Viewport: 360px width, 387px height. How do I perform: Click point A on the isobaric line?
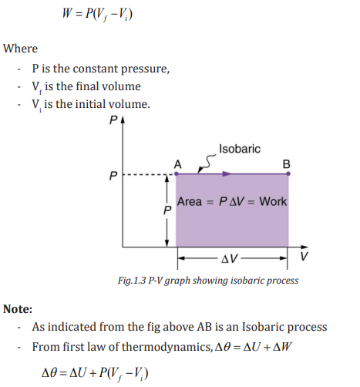[x=177, y=173]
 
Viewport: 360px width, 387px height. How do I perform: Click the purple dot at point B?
[x=288, y=173]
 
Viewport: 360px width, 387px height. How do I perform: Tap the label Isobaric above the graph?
[x=240, y=149]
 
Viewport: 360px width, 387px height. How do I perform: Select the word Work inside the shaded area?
[x=273, y=201]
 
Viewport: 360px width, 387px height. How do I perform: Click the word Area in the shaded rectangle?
[x=190, y=201]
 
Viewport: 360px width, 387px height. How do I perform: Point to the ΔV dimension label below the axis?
[x=230, y=258]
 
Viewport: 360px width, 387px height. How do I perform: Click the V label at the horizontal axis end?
[x=304, y=256]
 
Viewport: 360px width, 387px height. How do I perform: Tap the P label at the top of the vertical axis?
[x=113, y=120]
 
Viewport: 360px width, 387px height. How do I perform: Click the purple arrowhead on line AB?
[x=227, y=174]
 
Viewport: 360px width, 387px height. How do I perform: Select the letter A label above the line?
[x=178, y=164]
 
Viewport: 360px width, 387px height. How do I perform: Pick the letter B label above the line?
[x=287, y=164]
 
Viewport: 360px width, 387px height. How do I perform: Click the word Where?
[x=20, y=49]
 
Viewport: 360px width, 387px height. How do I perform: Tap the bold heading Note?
[x=18, y=308]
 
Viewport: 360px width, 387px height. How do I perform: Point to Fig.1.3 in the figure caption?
[x=132, y=281]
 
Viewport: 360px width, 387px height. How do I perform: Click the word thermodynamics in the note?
[x=167, y=347]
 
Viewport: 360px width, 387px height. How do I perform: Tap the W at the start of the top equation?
[x=67, y=13]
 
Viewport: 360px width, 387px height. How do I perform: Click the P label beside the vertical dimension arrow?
[x=167, y=210]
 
